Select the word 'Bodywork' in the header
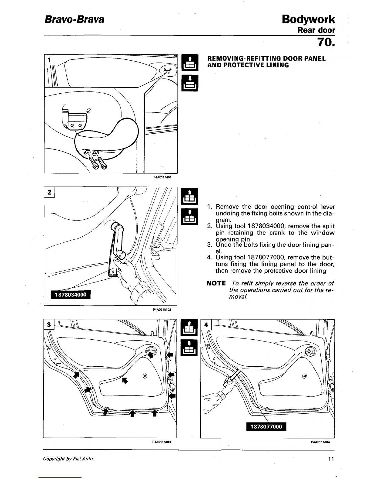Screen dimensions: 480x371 (308, 19)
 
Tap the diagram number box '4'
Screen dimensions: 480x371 (206, 325)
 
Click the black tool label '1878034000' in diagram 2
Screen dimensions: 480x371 (71, 295)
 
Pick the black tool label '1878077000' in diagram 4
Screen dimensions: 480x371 (266, 427)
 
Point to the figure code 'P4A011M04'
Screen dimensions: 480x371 (320, 442)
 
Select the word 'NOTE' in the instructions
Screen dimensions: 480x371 (216, 284)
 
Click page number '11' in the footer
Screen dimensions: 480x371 (331, 459)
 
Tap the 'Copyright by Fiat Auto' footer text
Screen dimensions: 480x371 (68, 459)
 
